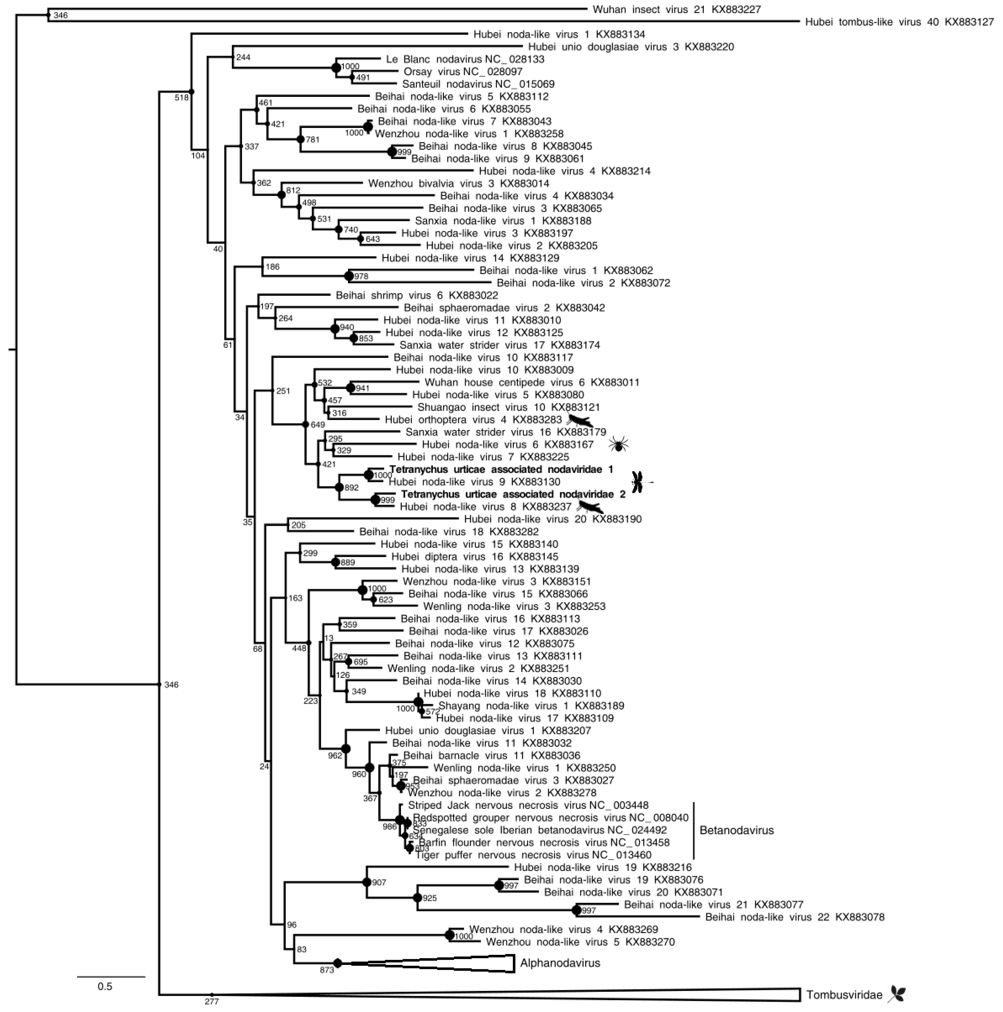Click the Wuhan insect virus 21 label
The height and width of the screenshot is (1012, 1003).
pyautogui.click(x=676, y=10)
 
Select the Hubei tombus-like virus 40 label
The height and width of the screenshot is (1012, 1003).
pyautogui.click(x=899, y=22)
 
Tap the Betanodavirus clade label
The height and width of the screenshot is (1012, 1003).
pyautogui.click(x=736, y=830)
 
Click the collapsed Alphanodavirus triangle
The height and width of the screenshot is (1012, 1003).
pyautogui.click(x=471, y=963)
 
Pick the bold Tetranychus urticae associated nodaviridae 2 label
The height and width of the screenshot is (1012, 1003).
pyautogui.click(x=513, y=494)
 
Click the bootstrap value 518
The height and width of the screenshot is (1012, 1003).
pyautogui.click(x=181, y=97)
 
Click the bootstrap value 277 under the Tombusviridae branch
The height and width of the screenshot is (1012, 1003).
pyautogui.click(x=211, y=1001)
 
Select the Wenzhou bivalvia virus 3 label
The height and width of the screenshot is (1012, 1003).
pyautogui.click(x=458, y=183)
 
